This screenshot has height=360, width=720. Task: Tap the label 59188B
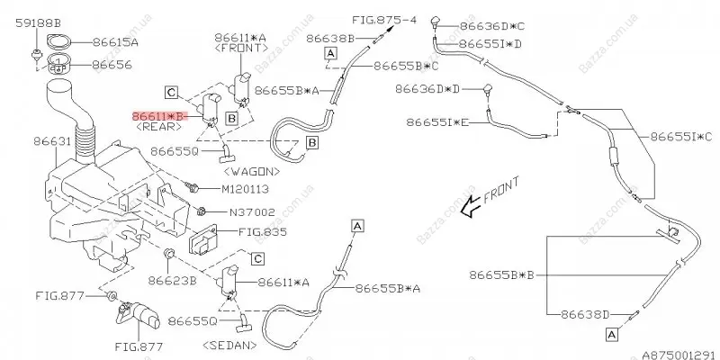coord(38,22)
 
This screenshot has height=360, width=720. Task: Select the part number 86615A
coord(115,42)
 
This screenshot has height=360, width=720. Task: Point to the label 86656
coord(112,65)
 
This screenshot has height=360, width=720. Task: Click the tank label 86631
coord(52,141)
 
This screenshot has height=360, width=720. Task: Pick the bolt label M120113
coord(245,189)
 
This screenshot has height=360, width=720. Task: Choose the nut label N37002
coord(252,212)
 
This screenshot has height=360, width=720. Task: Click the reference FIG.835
coord(262,232)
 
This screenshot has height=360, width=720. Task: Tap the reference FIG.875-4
coord(384,20)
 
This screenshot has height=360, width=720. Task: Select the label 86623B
coord(172,280)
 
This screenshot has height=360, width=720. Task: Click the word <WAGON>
coord(252,171)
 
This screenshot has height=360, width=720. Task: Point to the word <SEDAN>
coord(229,345)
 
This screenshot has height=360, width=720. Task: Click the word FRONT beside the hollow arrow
coord(501,190)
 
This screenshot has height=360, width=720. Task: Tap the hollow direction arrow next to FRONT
coord(471,207)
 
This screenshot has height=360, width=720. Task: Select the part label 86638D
coord(584,314)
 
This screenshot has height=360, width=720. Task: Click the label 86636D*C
coord(491,26)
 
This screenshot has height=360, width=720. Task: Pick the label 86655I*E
coord(438,122)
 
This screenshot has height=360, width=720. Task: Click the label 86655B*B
coord(502,275)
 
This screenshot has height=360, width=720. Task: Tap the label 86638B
coord(330,39)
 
